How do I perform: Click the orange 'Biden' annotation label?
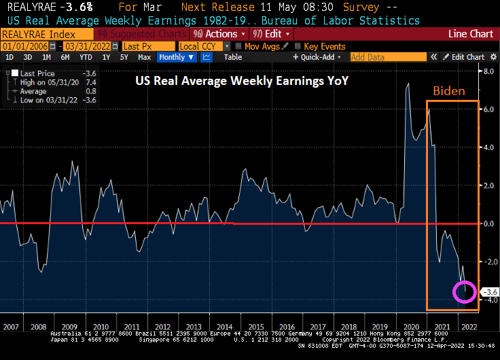tap(450, 91)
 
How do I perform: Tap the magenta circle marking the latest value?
tap(465, 292)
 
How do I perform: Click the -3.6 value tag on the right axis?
tap(489, 292)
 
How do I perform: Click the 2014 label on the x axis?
tap(226, 327)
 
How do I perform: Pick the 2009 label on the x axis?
tap(71, 327)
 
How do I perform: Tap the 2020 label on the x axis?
tap(412, 327)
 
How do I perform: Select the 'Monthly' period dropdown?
tap(177, 57)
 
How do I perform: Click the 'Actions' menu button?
tap(217, 33)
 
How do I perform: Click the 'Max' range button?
tap(144, 57)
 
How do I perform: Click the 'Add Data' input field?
tap(387, 57)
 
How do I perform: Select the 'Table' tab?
tap(232, 57)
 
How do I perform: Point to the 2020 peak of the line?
tap(408, 84)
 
